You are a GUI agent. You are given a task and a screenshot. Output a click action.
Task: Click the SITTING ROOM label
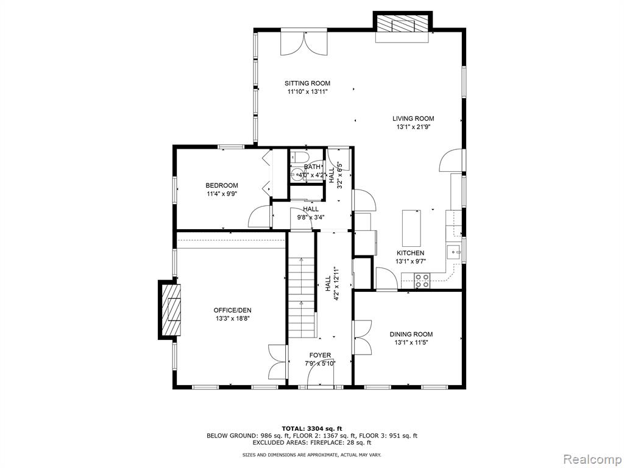307,83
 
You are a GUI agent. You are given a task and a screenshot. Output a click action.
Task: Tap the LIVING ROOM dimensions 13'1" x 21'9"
414,127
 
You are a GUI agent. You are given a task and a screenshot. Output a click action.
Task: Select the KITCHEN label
410,253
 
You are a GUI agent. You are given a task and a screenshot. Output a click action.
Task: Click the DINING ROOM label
411,335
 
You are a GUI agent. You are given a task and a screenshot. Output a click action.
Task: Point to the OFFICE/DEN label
232,310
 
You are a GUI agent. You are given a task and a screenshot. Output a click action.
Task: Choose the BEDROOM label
222,185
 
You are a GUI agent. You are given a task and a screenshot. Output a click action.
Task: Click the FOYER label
320,355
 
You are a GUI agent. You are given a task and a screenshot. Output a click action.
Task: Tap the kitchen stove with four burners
422,280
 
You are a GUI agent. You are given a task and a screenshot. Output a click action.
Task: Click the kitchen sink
454,252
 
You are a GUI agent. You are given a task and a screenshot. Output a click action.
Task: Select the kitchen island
411,228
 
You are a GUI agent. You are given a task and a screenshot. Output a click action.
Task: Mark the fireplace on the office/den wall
170,310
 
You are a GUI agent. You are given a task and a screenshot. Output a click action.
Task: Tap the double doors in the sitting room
304,42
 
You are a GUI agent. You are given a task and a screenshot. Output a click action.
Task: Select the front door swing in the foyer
321,375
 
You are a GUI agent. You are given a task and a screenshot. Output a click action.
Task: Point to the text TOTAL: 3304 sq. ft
312,428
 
